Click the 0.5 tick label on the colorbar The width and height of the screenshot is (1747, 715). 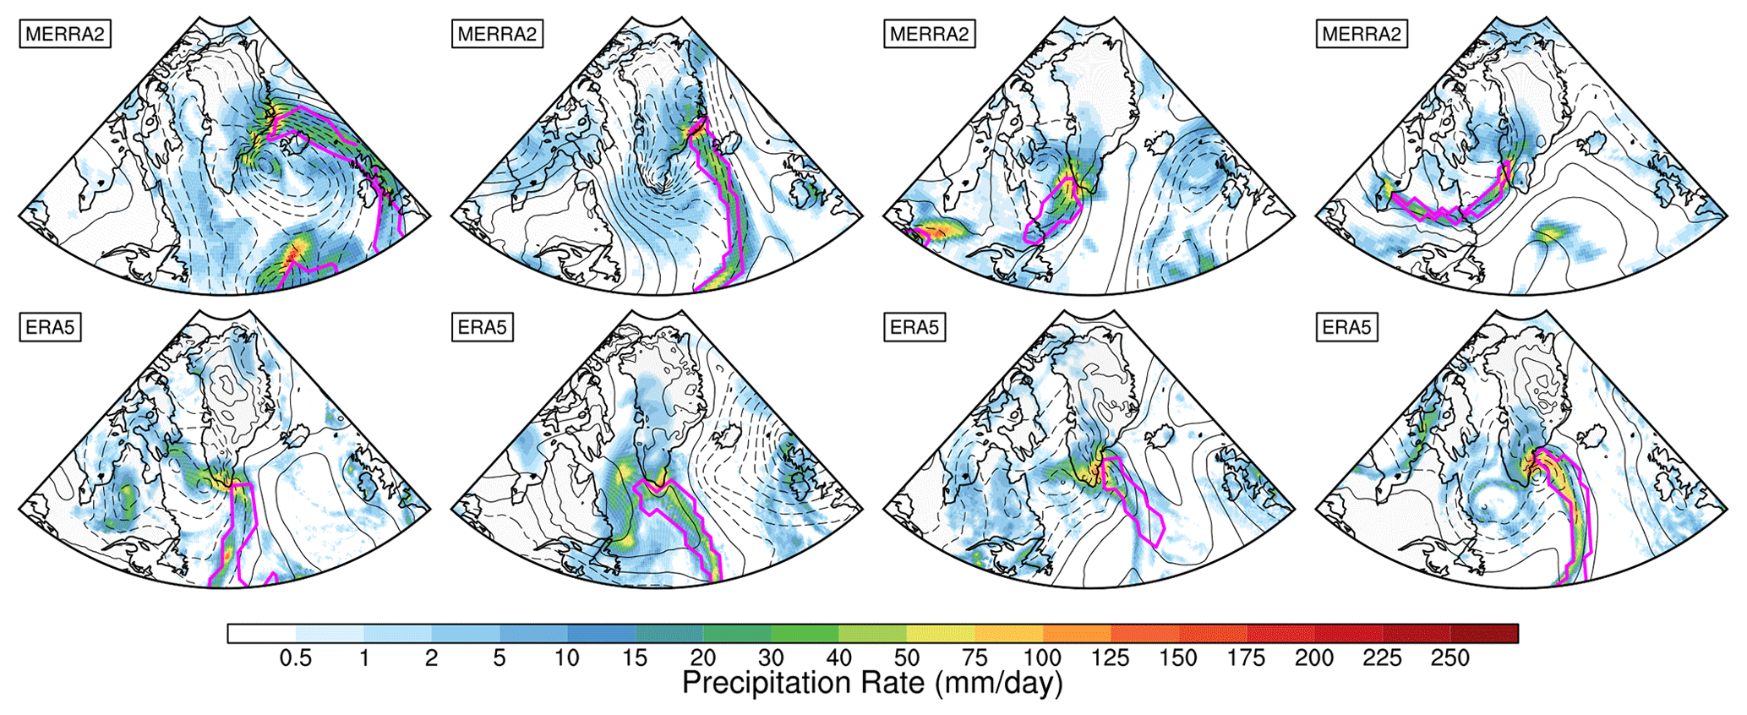pyautogui.click(x=296, y=658)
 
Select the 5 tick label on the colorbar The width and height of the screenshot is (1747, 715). pyautogui.click(x=500, y=658)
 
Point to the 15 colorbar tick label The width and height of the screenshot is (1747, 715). pyautogui.click(x=635, y=658)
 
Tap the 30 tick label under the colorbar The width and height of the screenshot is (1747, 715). pyautogui.click(x=771, y=658)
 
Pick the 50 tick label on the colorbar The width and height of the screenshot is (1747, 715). pyautogui.click(x=907, y=658)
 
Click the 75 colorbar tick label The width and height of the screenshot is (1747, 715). pyautogui.click(x=974, y=658)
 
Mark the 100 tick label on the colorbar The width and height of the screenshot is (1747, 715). pyautogui.click(x=1043, y=658)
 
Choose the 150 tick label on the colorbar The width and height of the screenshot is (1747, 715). pyautogui.click(x=1179, y=658)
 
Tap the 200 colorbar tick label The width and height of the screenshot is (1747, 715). pyautogui.click(x=1314, y=658)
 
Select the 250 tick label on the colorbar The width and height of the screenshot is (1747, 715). pyautogui.click(x=1450, y=658)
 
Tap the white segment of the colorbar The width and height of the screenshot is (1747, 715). pyautogui.click(x=261, y=634)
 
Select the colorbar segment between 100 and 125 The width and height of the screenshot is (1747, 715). pyautogui.click(x=1077, y=634)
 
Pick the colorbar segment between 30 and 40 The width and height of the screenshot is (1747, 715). pyautogui.click(x=805, y=634)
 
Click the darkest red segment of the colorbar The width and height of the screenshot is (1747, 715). pyautogui.click(x=1484, y=634)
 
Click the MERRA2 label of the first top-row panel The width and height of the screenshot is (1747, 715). pyautogui.click(x=65, y=35)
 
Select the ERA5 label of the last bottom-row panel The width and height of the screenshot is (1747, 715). pyautogui.click(x=1347, y=327)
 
